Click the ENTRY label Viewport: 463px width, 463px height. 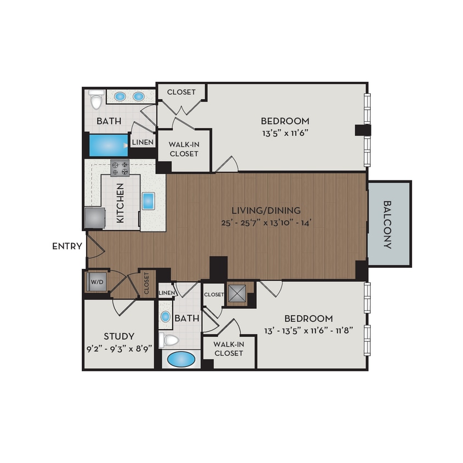(67, 246)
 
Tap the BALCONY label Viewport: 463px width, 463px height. (388, 224)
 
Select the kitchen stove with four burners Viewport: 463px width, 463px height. (120, 167)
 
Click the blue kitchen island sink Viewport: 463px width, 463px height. (149, 201)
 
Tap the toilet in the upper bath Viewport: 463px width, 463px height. (97, 100)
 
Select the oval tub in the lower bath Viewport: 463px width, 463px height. (181, 359)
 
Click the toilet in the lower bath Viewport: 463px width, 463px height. (169, 341)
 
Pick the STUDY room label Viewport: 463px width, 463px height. (119, 336)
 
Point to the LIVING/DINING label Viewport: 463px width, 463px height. (266, 210)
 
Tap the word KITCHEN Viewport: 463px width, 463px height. (120, 203)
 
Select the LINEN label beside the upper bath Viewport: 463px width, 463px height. (143, 143)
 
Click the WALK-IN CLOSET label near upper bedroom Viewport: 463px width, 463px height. (183, 149)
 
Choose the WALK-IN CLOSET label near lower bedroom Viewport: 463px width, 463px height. (229, 348)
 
